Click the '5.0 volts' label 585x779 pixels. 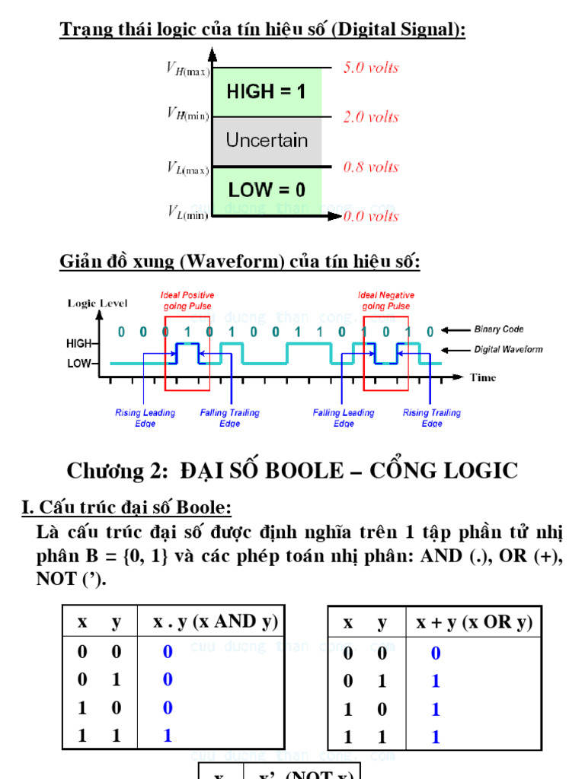click(x=371, y=68)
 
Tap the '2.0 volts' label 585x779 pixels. click(x=371, y=117)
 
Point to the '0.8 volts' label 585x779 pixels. click(x=371, y=167)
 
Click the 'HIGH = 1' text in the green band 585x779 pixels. click(x=266, y=92)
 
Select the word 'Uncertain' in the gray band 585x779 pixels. click(x=267, y=141)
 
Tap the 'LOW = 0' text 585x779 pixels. click(x=267, y=189)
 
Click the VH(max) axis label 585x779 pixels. click(x=188, y=68)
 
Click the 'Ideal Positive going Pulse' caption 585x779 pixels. click(x=187, y=300)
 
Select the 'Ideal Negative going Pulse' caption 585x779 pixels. click(x=385, y=300)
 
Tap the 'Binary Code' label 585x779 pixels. click(x=499, y=329)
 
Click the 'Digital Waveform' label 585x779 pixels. click(x=508, y=349)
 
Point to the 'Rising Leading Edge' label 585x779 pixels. click(x=145, y=418)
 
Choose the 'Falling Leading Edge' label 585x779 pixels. click(x=344, y=418)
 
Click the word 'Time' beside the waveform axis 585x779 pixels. click(x=483, y=377)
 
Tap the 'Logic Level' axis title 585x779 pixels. click(x=97, y=304)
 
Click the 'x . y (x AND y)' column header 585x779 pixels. click(x=216, y=622)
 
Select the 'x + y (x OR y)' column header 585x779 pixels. click(x=474, y=623)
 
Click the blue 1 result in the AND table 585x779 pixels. click(x=168, y=736)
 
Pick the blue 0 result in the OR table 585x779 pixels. click(x=436, y=653)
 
